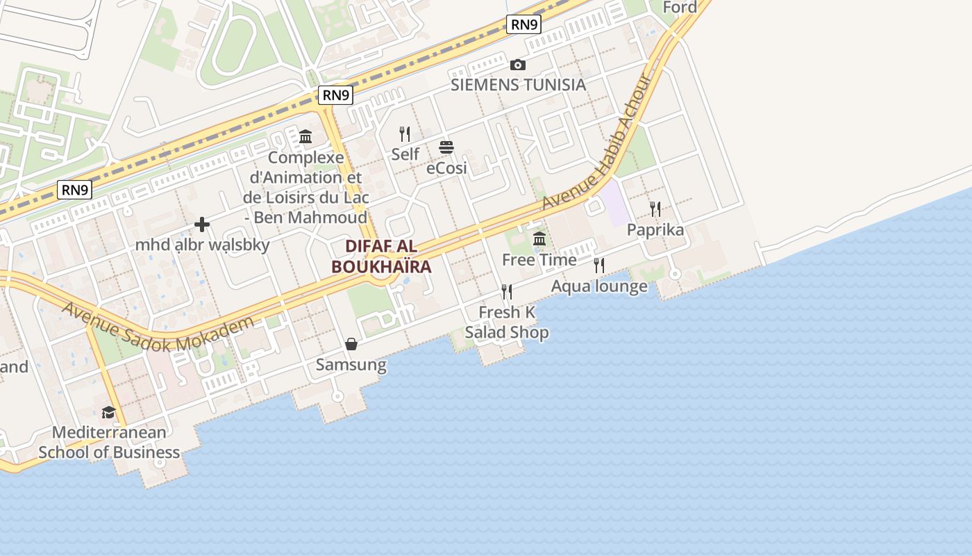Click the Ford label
point(680,8)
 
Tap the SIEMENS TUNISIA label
point(518,85)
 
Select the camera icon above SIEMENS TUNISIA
point(517,65)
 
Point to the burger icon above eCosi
point(446,147)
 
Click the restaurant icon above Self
point(405,133)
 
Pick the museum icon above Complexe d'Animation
point(305,137)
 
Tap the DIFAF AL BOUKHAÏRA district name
point(381,256)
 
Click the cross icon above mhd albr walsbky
point(202,224)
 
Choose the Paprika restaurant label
point(655,230)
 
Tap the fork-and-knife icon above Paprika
point(655,209)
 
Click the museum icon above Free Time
point(539,240)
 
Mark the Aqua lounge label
point(599,286)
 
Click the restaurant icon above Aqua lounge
point(599,265)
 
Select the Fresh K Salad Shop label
point(507,322)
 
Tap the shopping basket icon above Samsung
point(351,344)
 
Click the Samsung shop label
point(351,365)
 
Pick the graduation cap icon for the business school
point(108,412)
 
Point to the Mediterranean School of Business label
point(109,443)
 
